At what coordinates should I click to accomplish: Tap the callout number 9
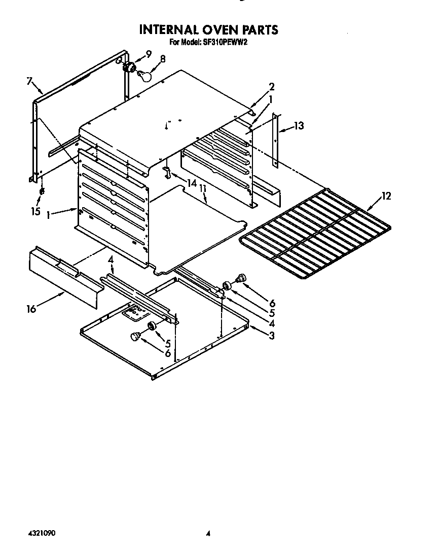(x=149, y=54)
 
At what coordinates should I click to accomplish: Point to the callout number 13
(x=299, y=125)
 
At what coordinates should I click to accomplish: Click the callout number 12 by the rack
(x=386, y=196)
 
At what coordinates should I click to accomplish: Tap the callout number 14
(x=191, y=183)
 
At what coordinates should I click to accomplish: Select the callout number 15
(x=35, y=211)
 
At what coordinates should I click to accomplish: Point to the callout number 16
(x=31, y=308)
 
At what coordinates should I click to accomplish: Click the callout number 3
(x=272, y=335)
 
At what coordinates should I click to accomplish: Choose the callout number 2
(x=272, y=86)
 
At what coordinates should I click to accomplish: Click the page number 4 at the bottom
(x=208, y=534)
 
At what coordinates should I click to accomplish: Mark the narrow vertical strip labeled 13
(x=276, y=141)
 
